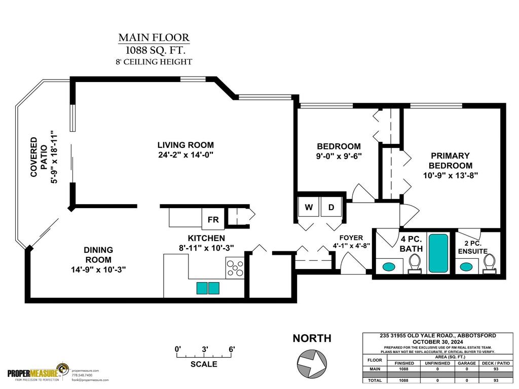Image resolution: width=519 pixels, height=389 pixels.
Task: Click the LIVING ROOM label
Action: click(186, 145)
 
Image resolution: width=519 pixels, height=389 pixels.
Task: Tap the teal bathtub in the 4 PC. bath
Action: click(439, 253)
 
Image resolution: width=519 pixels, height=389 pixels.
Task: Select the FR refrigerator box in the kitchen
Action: click(213, 220)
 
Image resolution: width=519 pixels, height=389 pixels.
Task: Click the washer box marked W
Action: click(309, 207)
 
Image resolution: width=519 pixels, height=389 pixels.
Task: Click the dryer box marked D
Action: click(331, 207)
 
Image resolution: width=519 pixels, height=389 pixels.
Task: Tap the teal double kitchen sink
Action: click(208, 288)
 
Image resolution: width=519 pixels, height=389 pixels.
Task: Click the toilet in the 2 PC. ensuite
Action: click(489, 263)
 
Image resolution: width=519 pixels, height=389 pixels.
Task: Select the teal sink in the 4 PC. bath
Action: click(389, 266)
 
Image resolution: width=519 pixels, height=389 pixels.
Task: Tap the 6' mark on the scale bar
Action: click(232, 349)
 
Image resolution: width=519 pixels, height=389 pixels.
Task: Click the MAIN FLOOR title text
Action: click(154, 37)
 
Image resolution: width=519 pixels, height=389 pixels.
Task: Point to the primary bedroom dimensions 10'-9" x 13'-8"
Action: click(451, 175)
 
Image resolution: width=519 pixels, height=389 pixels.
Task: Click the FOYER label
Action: click(351, 238)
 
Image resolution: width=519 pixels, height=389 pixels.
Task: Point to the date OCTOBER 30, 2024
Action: click(437, 341)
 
